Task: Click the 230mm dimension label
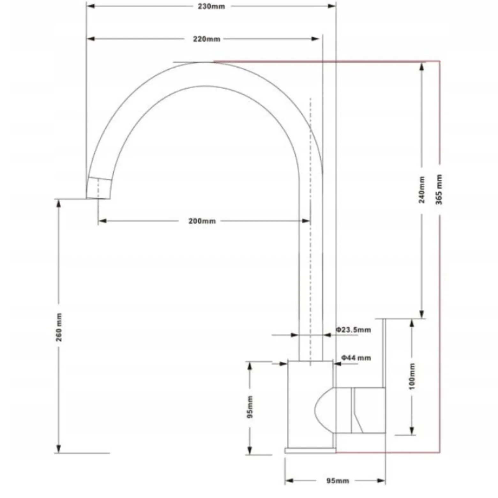point(211,6)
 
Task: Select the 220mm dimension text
point(207,39)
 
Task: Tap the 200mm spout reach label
point(202,221)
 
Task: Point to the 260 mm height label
point(59,327)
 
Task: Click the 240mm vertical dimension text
point(422,190)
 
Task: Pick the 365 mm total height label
point(439,189)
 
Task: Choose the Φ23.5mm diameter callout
point(353,329)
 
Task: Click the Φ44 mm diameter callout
point(356,358)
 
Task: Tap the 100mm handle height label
point(412,376)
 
